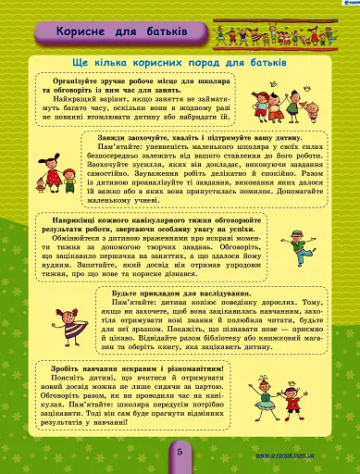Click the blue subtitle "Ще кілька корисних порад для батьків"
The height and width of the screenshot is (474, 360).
(171, 62)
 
